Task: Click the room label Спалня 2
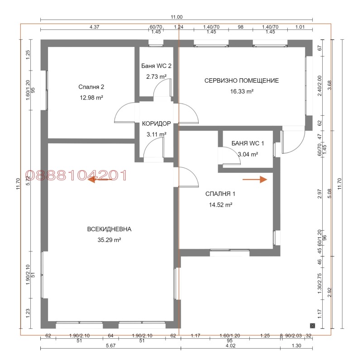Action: click(91, 87)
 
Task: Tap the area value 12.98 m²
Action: click(91, 97)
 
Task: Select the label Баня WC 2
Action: click(156, 66)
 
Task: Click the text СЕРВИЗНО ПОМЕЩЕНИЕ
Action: click(242, 81)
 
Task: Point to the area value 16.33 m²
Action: click(242, 91)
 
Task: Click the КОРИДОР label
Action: click(156, 123)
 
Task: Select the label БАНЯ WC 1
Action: click(248, 143)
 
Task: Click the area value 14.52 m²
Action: click(220, 204)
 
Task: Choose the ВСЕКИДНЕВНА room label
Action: click(106, 229)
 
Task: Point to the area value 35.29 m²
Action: click(107, 240)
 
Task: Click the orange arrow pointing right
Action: click(255, 179)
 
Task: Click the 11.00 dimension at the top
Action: click(176, 17)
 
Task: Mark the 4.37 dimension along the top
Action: click(94, 27)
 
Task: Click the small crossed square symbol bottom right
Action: click(312, 325)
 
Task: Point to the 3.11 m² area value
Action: click(156, 134)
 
